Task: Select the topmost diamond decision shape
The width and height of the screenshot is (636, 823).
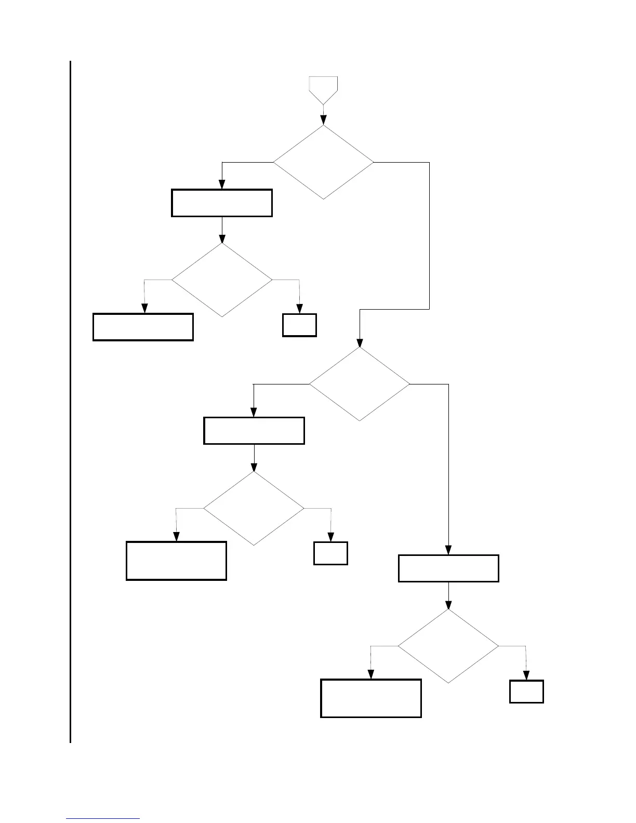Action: coord(323,162)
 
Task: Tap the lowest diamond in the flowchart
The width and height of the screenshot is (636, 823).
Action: coord(448,646)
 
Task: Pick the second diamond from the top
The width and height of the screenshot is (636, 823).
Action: coord(222,280)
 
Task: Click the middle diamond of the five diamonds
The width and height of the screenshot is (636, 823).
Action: coord(359,384)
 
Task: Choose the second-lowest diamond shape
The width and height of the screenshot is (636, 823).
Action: coord(254,508)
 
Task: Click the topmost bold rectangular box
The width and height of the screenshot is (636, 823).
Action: coord(222,203)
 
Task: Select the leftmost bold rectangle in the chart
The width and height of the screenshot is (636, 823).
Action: coord(143,327)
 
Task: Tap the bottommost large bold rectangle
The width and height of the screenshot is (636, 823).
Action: coord(371,698)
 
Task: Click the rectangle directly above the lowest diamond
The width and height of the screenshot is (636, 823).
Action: coord(448,568)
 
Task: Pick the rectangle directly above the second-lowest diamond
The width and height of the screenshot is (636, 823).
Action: coord(254,431)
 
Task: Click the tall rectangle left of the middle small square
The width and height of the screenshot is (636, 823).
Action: coord(176,561)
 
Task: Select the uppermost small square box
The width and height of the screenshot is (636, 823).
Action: coord(299,325)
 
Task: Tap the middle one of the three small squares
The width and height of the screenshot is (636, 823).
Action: coord(330,553)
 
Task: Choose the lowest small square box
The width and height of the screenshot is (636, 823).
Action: coord(526,692)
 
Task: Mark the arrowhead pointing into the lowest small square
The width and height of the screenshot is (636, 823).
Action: coord(526,676)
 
